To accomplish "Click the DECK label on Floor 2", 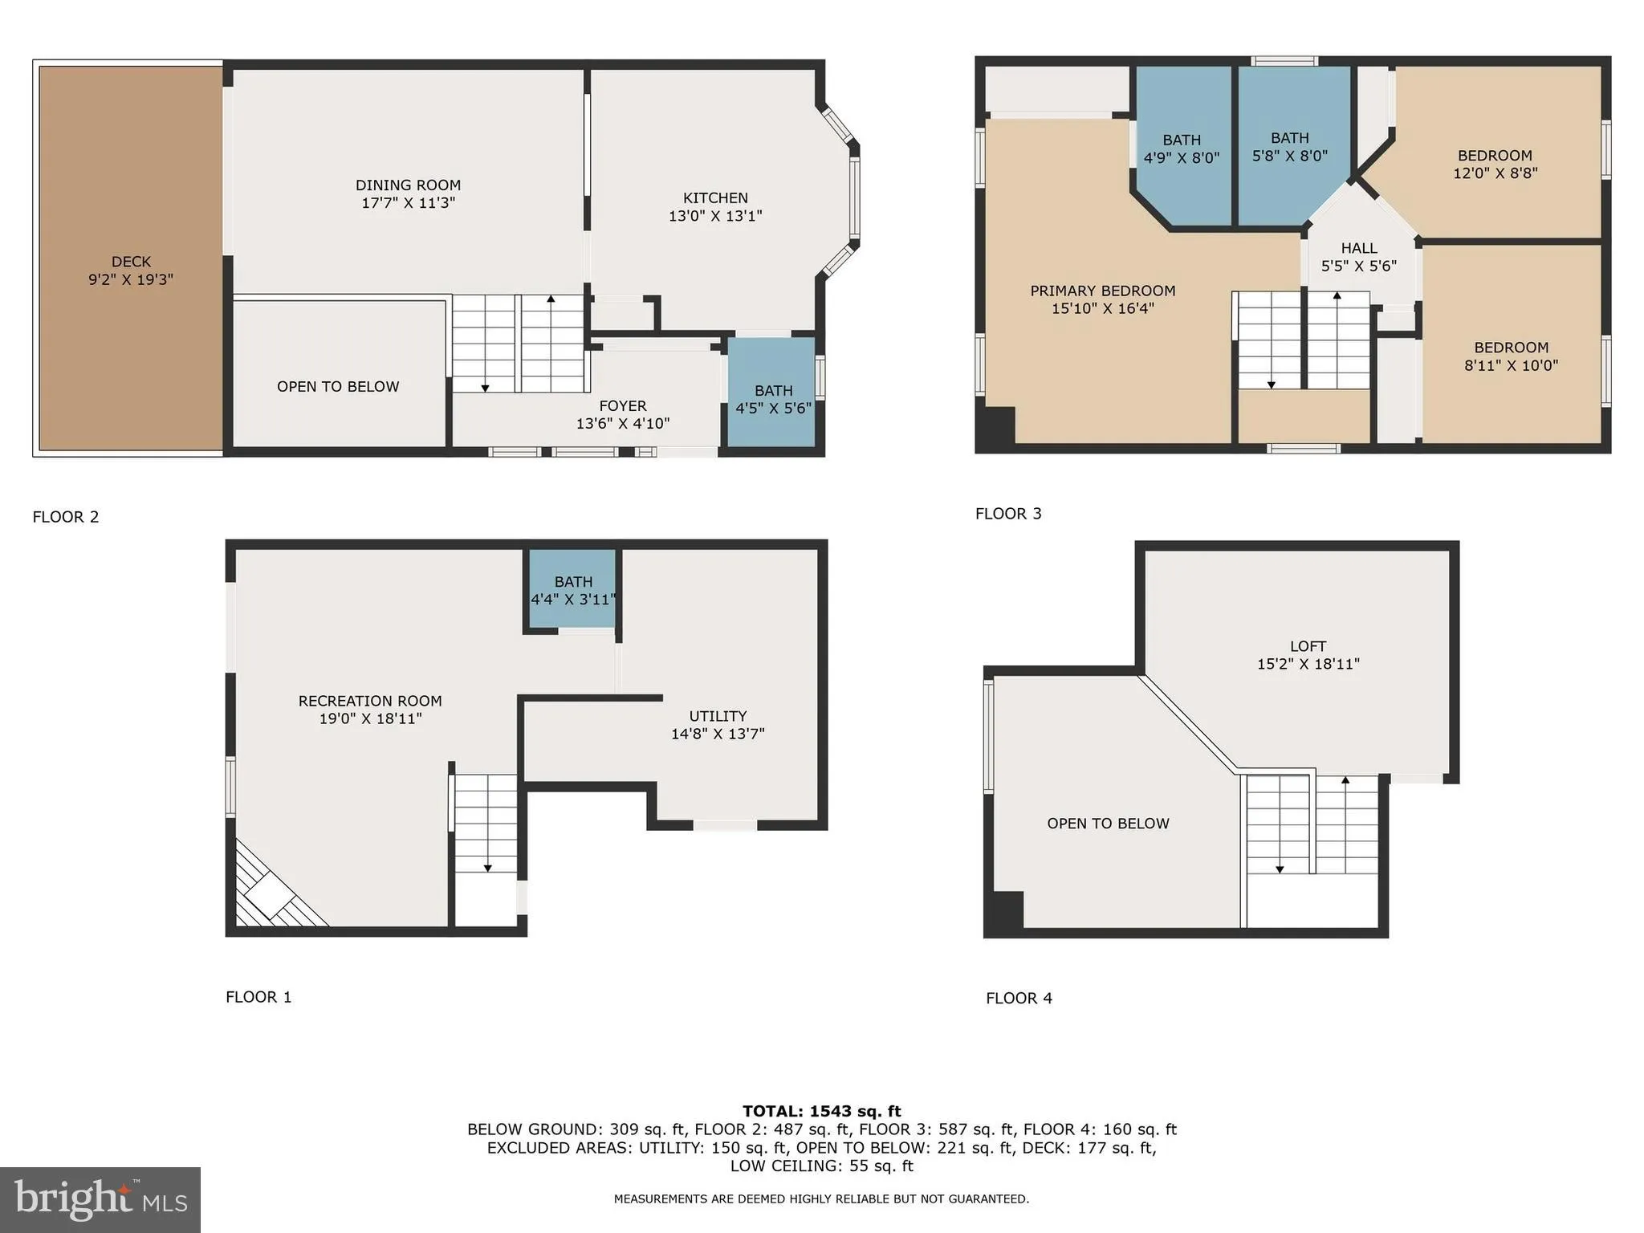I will [131, 262].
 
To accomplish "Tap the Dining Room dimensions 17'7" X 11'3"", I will [408, 203].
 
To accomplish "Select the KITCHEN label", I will [715, 197].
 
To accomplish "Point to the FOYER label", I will [622, 405].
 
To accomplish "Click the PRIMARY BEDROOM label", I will [1102, 291].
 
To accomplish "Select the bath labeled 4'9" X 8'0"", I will [1181, 149].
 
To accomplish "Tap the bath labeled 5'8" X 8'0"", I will [1289, 147].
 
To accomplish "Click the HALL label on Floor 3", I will [1358, 248].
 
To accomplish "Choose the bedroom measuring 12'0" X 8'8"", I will [1495, 164].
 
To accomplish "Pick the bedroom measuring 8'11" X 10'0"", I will [1511, 356].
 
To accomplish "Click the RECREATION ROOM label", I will [370, 701].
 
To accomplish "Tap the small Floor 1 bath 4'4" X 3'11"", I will [572, 590].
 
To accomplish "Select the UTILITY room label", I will [718, 715].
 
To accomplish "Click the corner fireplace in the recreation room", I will [269, 893].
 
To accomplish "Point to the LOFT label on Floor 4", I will [1308, 645].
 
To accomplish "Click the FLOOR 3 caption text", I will [1008, 514].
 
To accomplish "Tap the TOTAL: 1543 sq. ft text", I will [821, 1111].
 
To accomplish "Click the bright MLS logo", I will [100, 1199].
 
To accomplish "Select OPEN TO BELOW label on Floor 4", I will [1108, 823].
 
